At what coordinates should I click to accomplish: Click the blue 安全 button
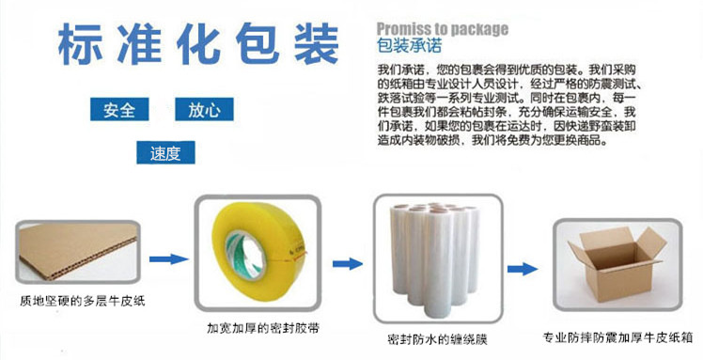click(119, 111)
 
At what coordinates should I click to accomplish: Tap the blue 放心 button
click(204, 111)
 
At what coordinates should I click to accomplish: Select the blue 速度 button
click(164, 153)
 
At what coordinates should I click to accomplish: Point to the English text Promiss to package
click(442, 28)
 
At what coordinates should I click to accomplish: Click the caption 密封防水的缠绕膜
click(435, 338)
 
